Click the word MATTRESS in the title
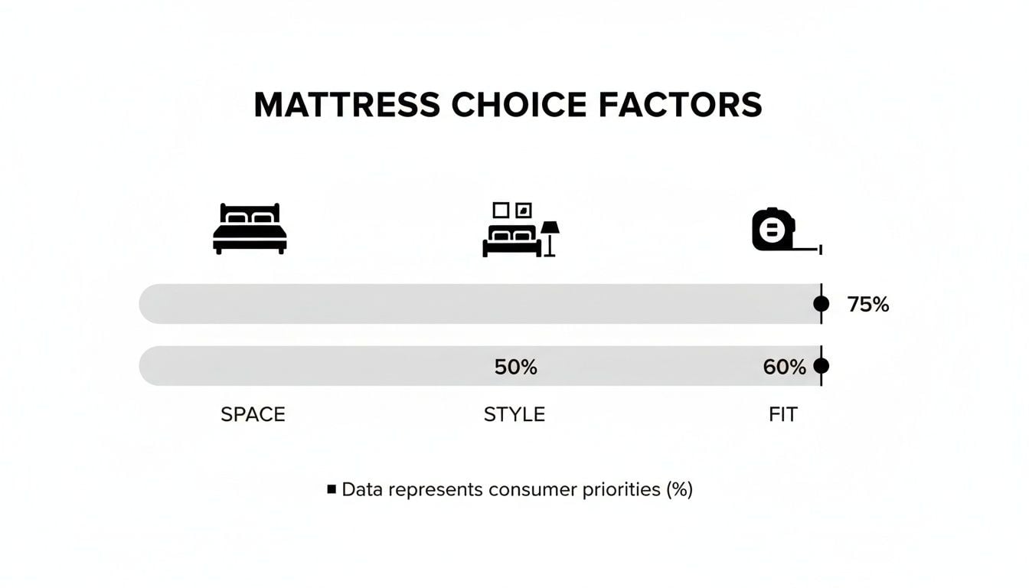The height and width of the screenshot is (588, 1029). click(346, 105)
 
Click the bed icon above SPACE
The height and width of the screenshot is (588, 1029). click(250, 228)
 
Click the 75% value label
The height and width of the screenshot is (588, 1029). click(868, 305)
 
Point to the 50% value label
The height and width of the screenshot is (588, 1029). click(515, 367)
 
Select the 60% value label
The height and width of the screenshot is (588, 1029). click(784, 367)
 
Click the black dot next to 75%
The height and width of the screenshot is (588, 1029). click(821, 304)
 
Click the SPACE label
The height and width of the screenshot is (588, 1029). click(253, 415)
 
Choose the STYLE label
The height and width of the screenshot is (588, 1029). click(514, 415)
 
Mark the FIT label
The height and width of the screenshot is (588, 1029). click(782, 415)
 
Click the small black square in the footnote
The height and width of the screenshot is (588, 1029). click(332, 488)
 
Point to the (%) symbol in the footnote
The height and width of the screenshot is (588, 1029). click(679, 489)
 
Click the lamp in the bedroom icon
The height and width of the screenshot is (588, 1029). click(550, 237)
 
